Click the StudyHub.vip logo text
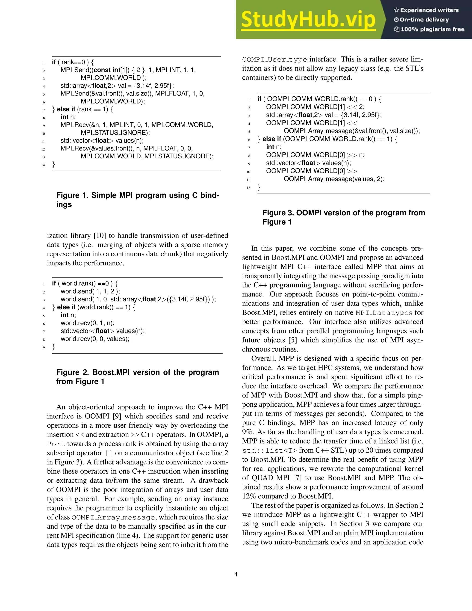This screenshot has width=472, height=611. (308, 20)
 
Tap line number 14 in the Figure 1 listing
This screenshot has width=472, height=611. (43, 165)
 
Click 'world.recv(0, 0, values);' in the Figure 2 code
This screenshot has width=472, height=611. (95, 339)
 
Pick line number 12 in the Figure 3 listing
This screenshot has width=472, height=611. (248, 188)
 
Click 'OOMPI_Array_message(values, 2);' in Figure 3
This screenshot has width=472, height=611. (334, 179)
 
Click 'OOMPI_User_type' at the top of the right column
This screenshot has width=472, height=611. (274, 59)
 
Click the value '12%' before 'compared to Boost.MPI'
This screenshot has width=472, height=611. (249, 496)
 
